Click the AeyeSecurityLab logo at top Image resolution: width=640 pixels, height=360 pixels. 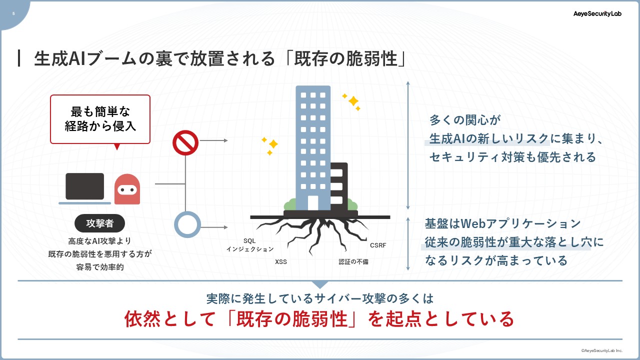(x=597, y=13)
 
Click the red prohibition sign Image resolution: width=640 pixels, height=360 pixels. (x=185, y=143)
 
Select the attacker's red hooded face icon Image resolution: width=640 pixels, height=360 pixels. (x=127, y=189)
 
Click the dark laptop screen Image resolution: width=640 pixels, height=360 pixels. (x=85, y=186)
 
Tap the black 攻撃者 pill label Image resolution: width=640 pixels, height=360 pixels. (x=99, y=223)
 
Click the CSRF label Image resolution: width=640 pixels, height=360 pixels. (x=378, y=245)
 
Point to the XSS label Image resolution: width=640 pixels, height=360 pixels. (x=281, y=261)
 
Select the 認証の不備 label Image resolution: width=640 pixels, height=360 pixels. (x=353, y=261)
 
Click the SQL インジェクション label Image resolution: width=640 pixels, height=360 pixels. (x=250, y=245)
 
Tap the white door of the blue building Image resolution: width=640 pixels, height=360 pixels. (x=313, y=203)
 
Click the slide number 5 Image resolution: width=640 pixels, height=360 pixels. (x=13, y=13)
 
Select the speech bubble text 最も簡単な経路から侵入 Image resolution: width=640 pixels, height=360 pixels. (x=100, y=119)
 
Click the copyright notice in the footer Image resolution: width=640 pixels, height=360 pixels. (x=601, y=350)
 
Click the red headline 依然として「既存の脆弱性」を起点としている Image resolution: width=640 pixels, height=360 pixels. (x=319, y=319)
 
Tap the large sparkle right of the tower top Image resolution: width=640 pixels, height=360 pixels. (x=353, y=101)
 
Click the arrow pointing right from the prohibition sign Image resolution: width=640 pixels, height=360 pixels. (x=213, y=140)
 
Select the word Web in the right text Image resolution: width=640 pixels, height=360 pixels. (x=473, y=223)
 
